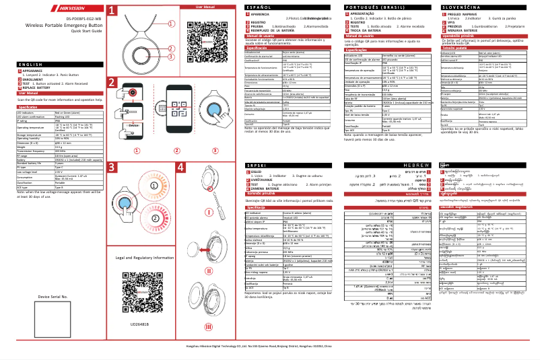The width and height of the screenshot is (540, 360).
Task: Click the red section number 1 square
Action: coord(112,11)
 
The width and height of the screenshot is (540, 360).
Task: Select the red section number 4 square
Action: coord(180,166)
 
